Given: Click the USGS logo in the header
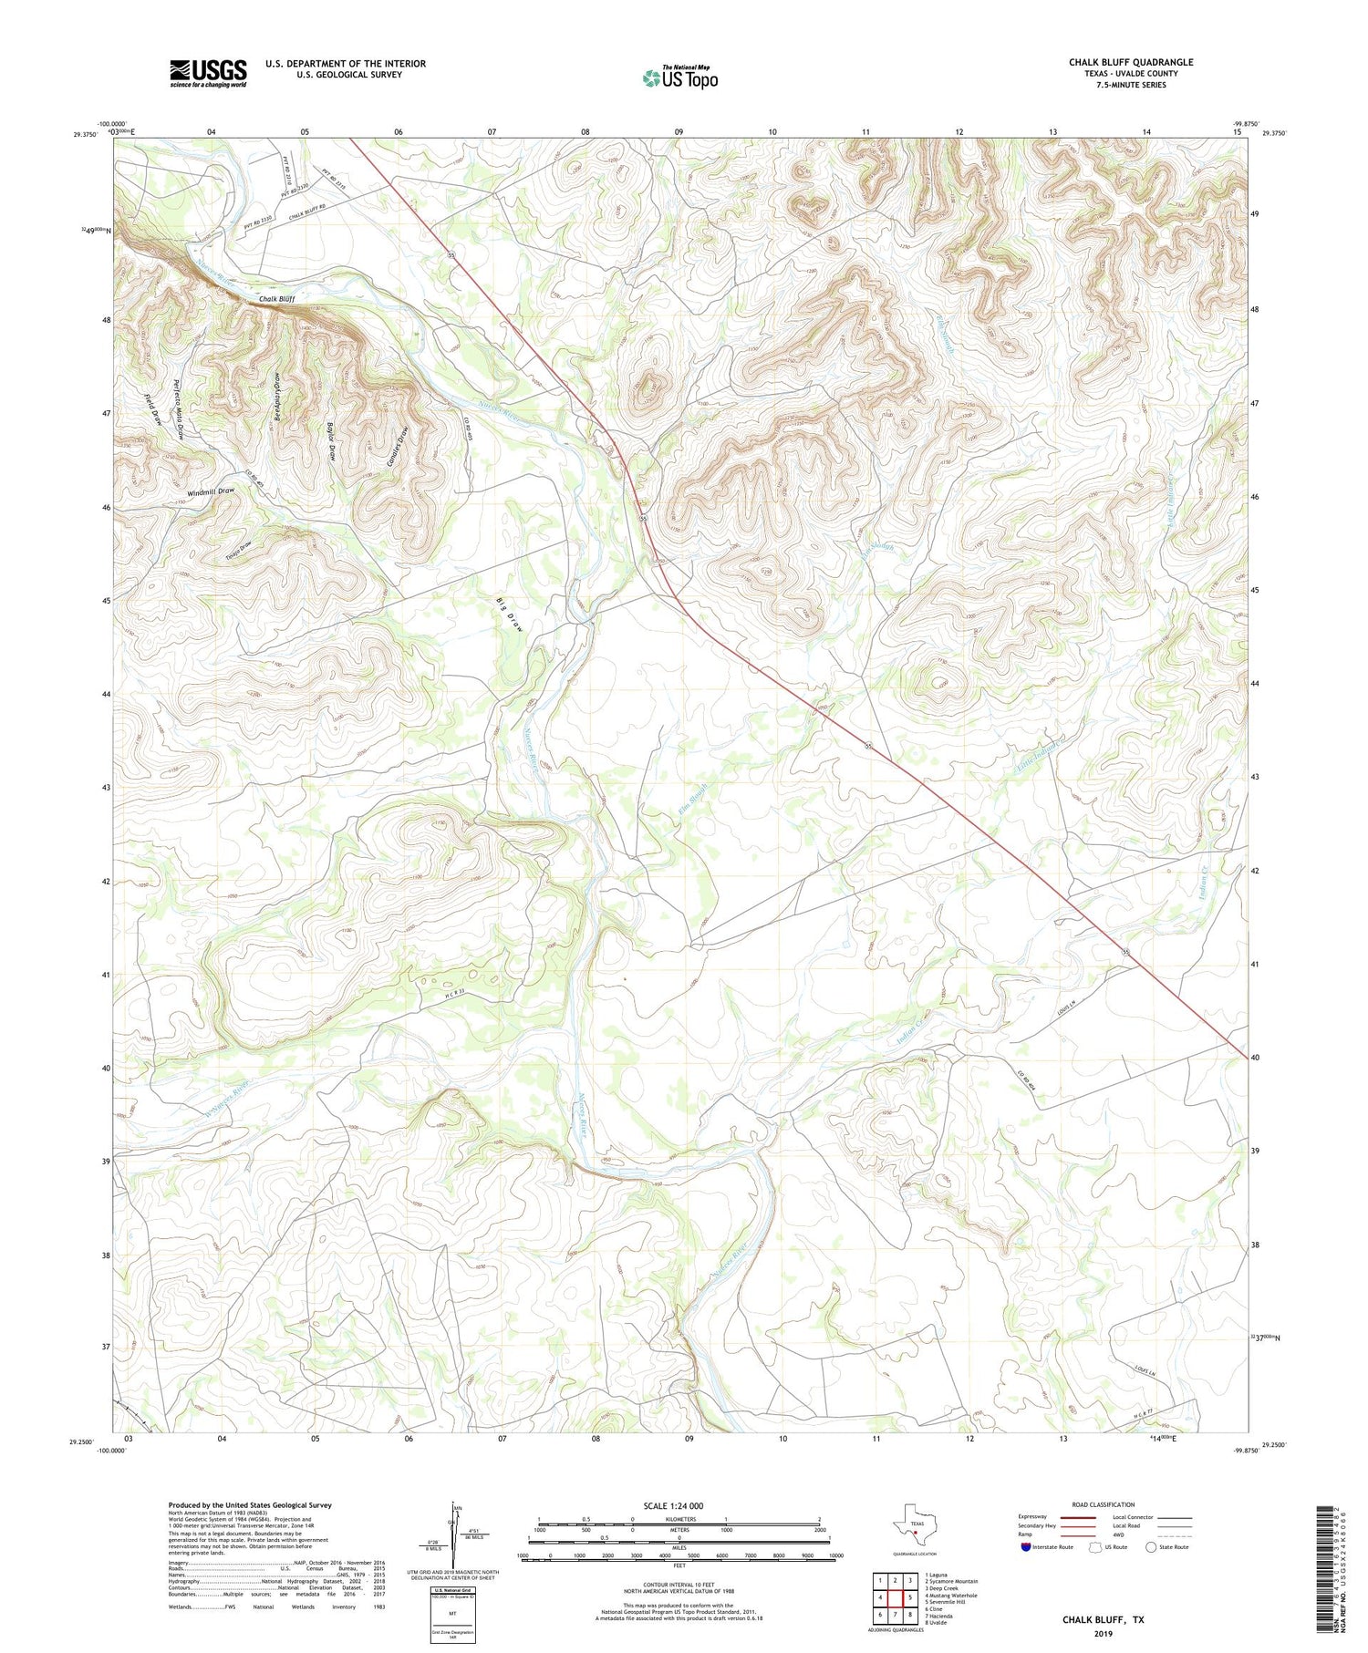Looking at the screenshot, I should coord(208,73).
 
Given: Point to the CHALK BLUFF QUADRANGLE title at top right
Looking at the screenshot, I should coord(1131,62).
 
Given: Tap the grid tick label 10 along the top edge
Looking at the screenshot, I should coord(772,132).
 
